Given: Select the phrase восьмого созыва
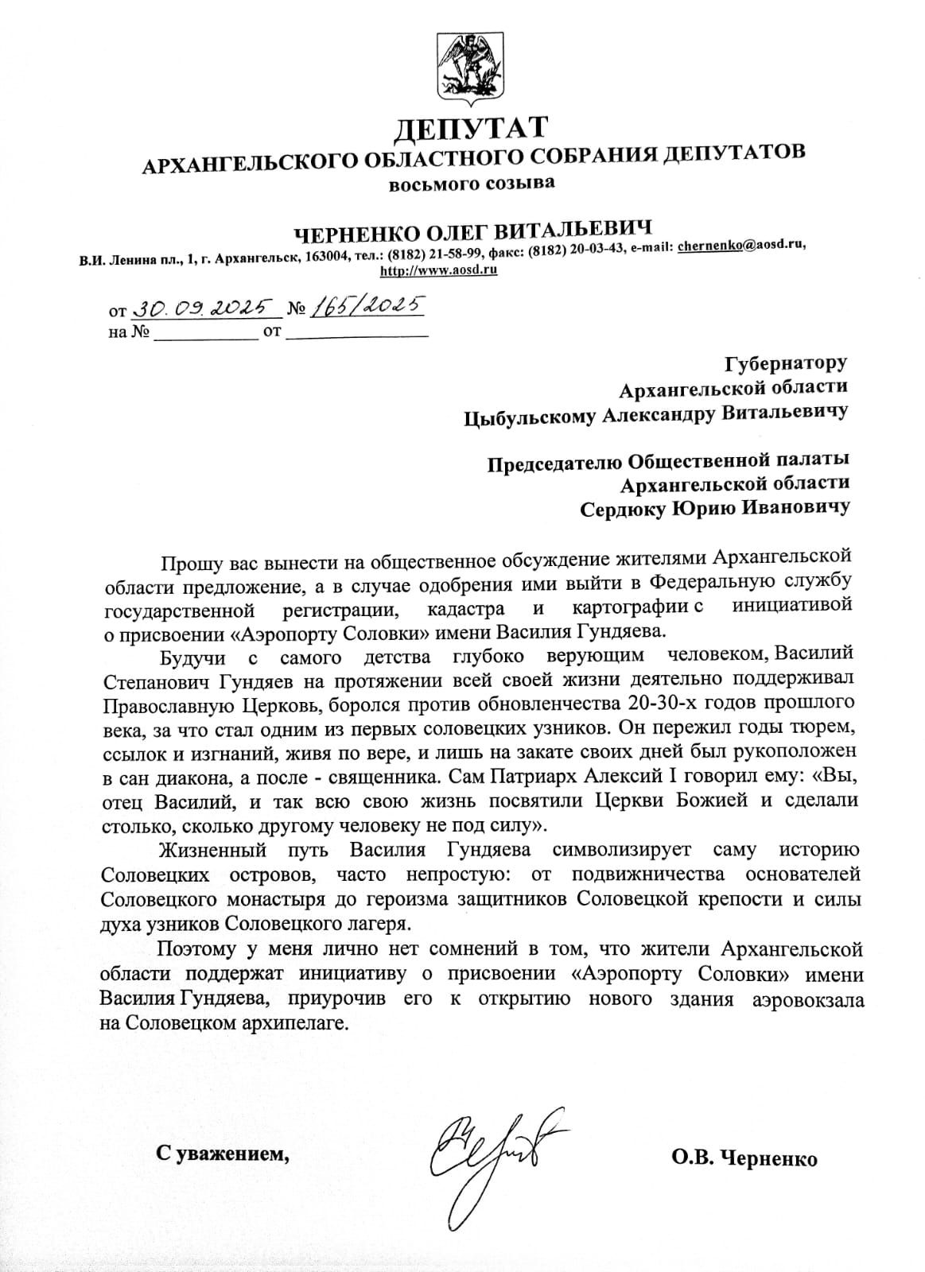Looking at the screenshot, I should coord(472,184).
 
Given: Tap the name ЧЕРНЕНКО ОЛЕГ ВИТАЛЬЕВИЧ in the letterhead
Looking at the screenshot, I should coord(473,231).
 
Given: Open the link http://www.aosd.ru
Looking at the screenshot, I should coord(439,270).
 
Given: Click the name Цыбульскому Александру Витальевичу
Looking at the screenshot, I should coord(655,413).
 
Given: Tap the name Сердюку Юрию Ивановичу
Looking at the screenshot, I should coord(713,507).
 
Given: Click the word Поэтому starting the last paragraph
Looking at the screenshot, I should coord(200,949).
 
